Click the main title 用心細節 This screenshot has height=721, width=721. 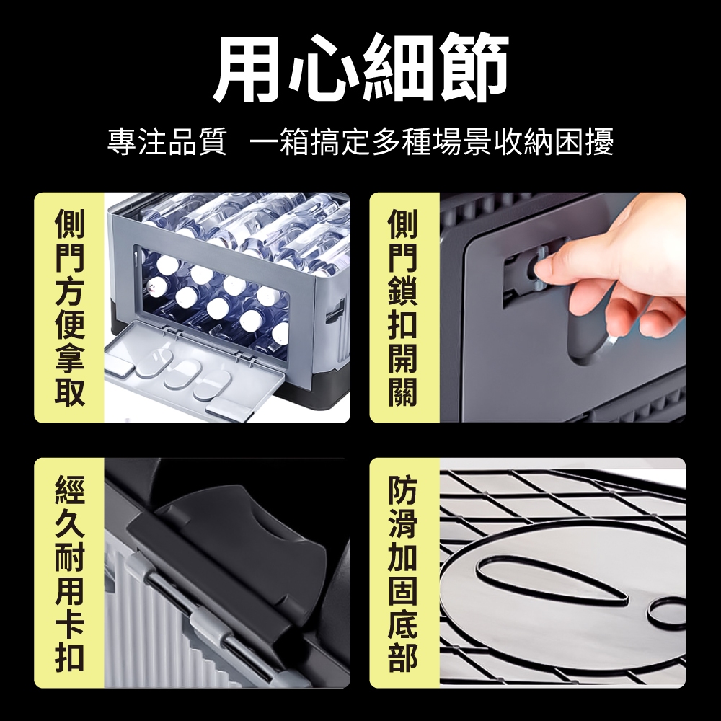pos(361,68)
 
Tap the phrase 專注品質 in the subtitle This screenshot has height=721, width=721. pos(167,141)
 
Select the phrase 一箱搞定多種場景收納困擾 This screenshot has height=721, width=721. pos(432,141)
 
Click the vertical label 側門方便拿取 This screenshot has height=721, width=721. pos(70,307)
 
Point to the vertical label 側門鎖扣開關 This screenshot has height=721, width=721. pos(403,307)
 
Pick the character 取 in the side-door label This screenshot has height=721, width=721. pos(70,392)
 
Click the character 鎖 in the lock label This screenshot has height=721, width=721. pos(403,291)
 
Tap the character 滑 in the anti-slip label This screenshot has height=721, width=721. pos(403,523)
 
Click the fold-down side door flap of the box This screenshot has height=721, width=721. pos(193,364)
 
